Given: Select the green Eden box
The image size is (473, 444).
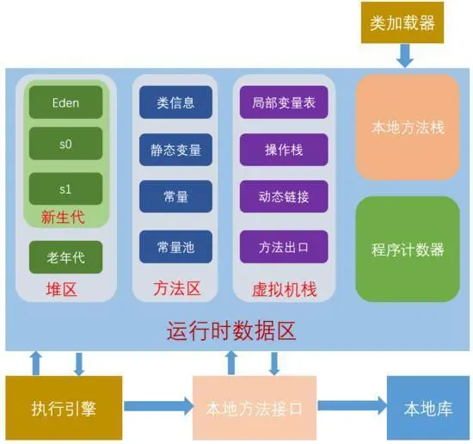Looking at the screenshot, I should tap(65, 102).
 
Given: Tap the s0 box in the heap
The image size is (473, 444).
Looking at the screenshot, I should tap(65, 145).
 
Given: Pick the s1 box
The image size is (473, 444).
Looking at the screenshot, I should tap(65, 188).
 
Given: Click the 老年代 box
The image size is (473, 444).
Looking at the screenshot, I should tap(65, 256).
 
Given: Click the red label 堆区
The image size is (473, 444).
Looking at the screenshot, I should tap(62, 290).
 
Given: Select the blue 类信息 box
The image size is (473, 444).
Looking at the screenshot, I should tap(175, 102).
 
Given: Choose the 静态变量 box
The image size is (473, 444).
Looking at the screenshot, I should tap(175, 150).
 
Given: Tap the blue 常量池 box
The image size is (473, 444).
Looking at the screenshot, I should tap(175, 247).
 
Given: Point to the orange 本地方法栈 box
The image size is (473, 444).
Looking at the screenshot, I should tap(407, 126).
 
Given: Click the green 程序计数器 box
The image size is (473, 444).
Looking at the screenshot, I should tap(407, 250).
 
